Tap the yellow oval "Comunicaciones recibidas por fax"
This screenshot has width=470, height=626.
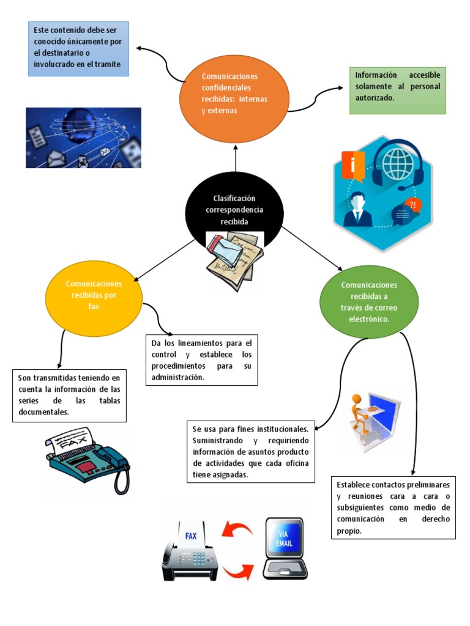(94, 295)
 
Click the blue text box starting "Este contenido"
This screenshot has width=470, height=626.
(78, 49)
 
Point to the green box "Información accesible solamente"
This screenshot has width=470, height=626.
(398, 90)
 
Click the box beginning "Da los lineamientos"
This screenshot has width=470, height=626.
(201, 359)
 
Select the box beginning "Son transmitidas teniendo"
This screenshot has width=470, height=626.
(69, 396)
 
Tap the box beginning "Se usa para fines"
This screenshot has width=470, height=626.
(250, 451)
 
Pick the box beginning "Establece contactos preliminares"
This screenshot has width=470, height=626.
(393, 507)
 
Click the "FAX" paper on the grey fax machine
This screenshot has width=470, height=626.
(191, 536)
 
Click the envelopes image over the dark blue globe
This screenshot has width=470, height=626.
(83, 138)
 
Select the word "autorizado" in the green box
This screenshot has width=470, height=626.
(375, 97)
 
